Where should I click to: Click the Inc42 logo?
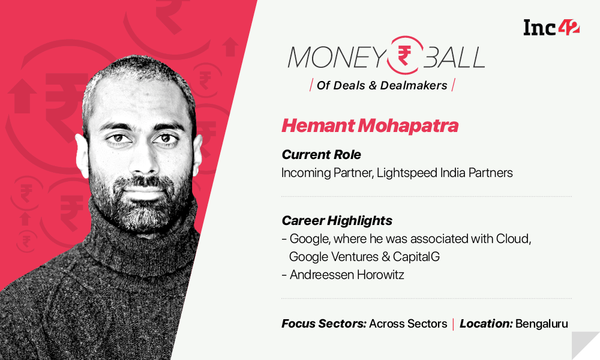point(551,28)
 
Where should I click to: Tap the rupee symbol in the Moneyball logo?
point(404,55)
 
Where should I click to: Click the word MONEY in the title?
point(337,58)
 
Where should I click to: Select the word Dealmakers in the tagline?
point(413,85)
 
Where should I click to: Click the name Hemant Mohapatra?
point(370,125)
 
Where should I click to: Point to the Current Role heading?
point(322,155)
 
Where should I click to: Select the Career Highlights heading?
point(337,220)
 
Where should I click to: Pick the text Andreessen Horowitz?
point(347,275)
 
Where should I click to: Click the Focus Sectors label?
point(324,323)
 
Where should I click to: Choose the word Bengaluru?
point(541,323)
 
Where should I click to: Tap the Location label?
point(486,323)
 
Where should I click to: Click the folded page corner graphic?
point(586,346)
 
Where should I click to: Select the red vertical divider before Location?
point(453,324)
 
